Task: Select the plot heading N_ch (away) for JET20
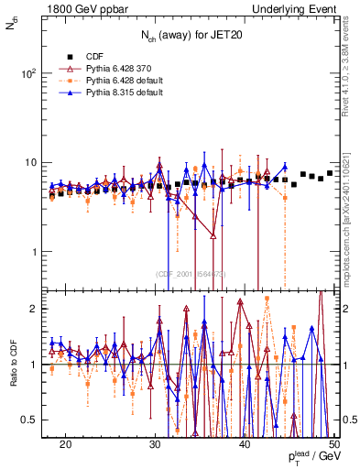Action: point(191,35)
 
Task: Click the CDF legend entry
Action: point(93,55)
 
